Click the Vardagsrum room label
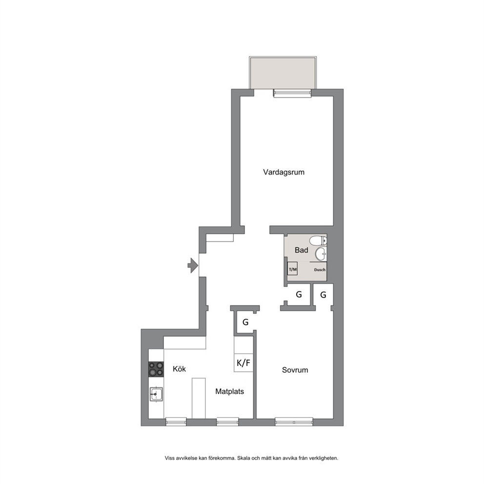[x=283, y=172]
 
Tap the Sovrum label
[x=295, y=370]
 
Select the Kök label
[x=180, y=368]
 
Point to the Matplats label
[x=230, y=391]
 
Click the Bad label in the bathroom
[x=301, y=250]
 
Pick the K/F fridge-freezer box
[x=243, y=363]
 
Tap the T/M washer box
[x=292, y=269]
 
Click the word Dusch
[x=320, y=270]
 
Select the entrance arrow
[x=193, y=265]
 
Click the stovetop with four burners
[x=156, y=369]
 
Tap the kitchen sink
[x=156, y=394]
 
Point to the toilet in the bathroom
[x=318, y=240]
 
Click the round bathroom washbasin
[x=321, y=254]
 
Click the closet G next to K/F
[x=245, y=322]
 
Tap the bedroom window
[x=294, y=422]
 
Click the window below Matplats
[x=227, y=422]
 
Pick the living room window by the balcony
[x=292, y=93]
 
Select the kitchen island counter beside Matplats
[x=199, y=398]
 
